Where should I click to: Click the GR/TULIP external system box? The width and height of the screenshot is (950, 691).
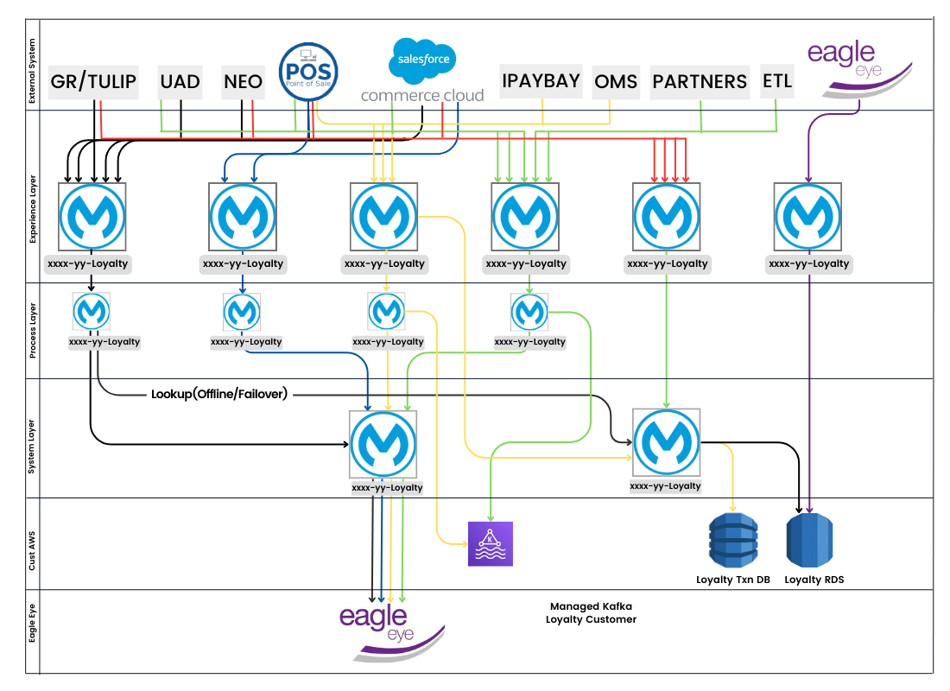(93, 81)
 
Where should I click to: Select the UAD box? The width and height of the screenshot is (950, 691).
(180, 81)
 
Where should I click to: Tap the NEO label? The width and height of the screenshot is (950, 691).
(243, 81)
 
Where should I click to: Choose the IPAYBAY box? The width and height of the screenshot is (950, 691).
(541, 81)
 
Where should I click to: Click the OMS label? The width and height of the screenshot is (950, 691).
(616, 81)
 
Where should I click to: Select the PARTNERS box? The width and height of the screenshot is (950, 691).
(700, 81)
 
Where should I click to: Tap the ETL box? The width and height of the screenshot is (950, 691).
(777, 81)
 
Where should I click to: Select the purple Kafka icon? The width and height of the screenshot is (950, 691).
(490, 544)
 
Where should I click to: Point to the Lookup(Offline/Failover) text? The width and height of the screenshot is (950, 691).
(219, 395)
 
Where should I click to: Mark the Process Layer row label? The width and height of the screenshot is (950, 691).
(33, 330)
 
